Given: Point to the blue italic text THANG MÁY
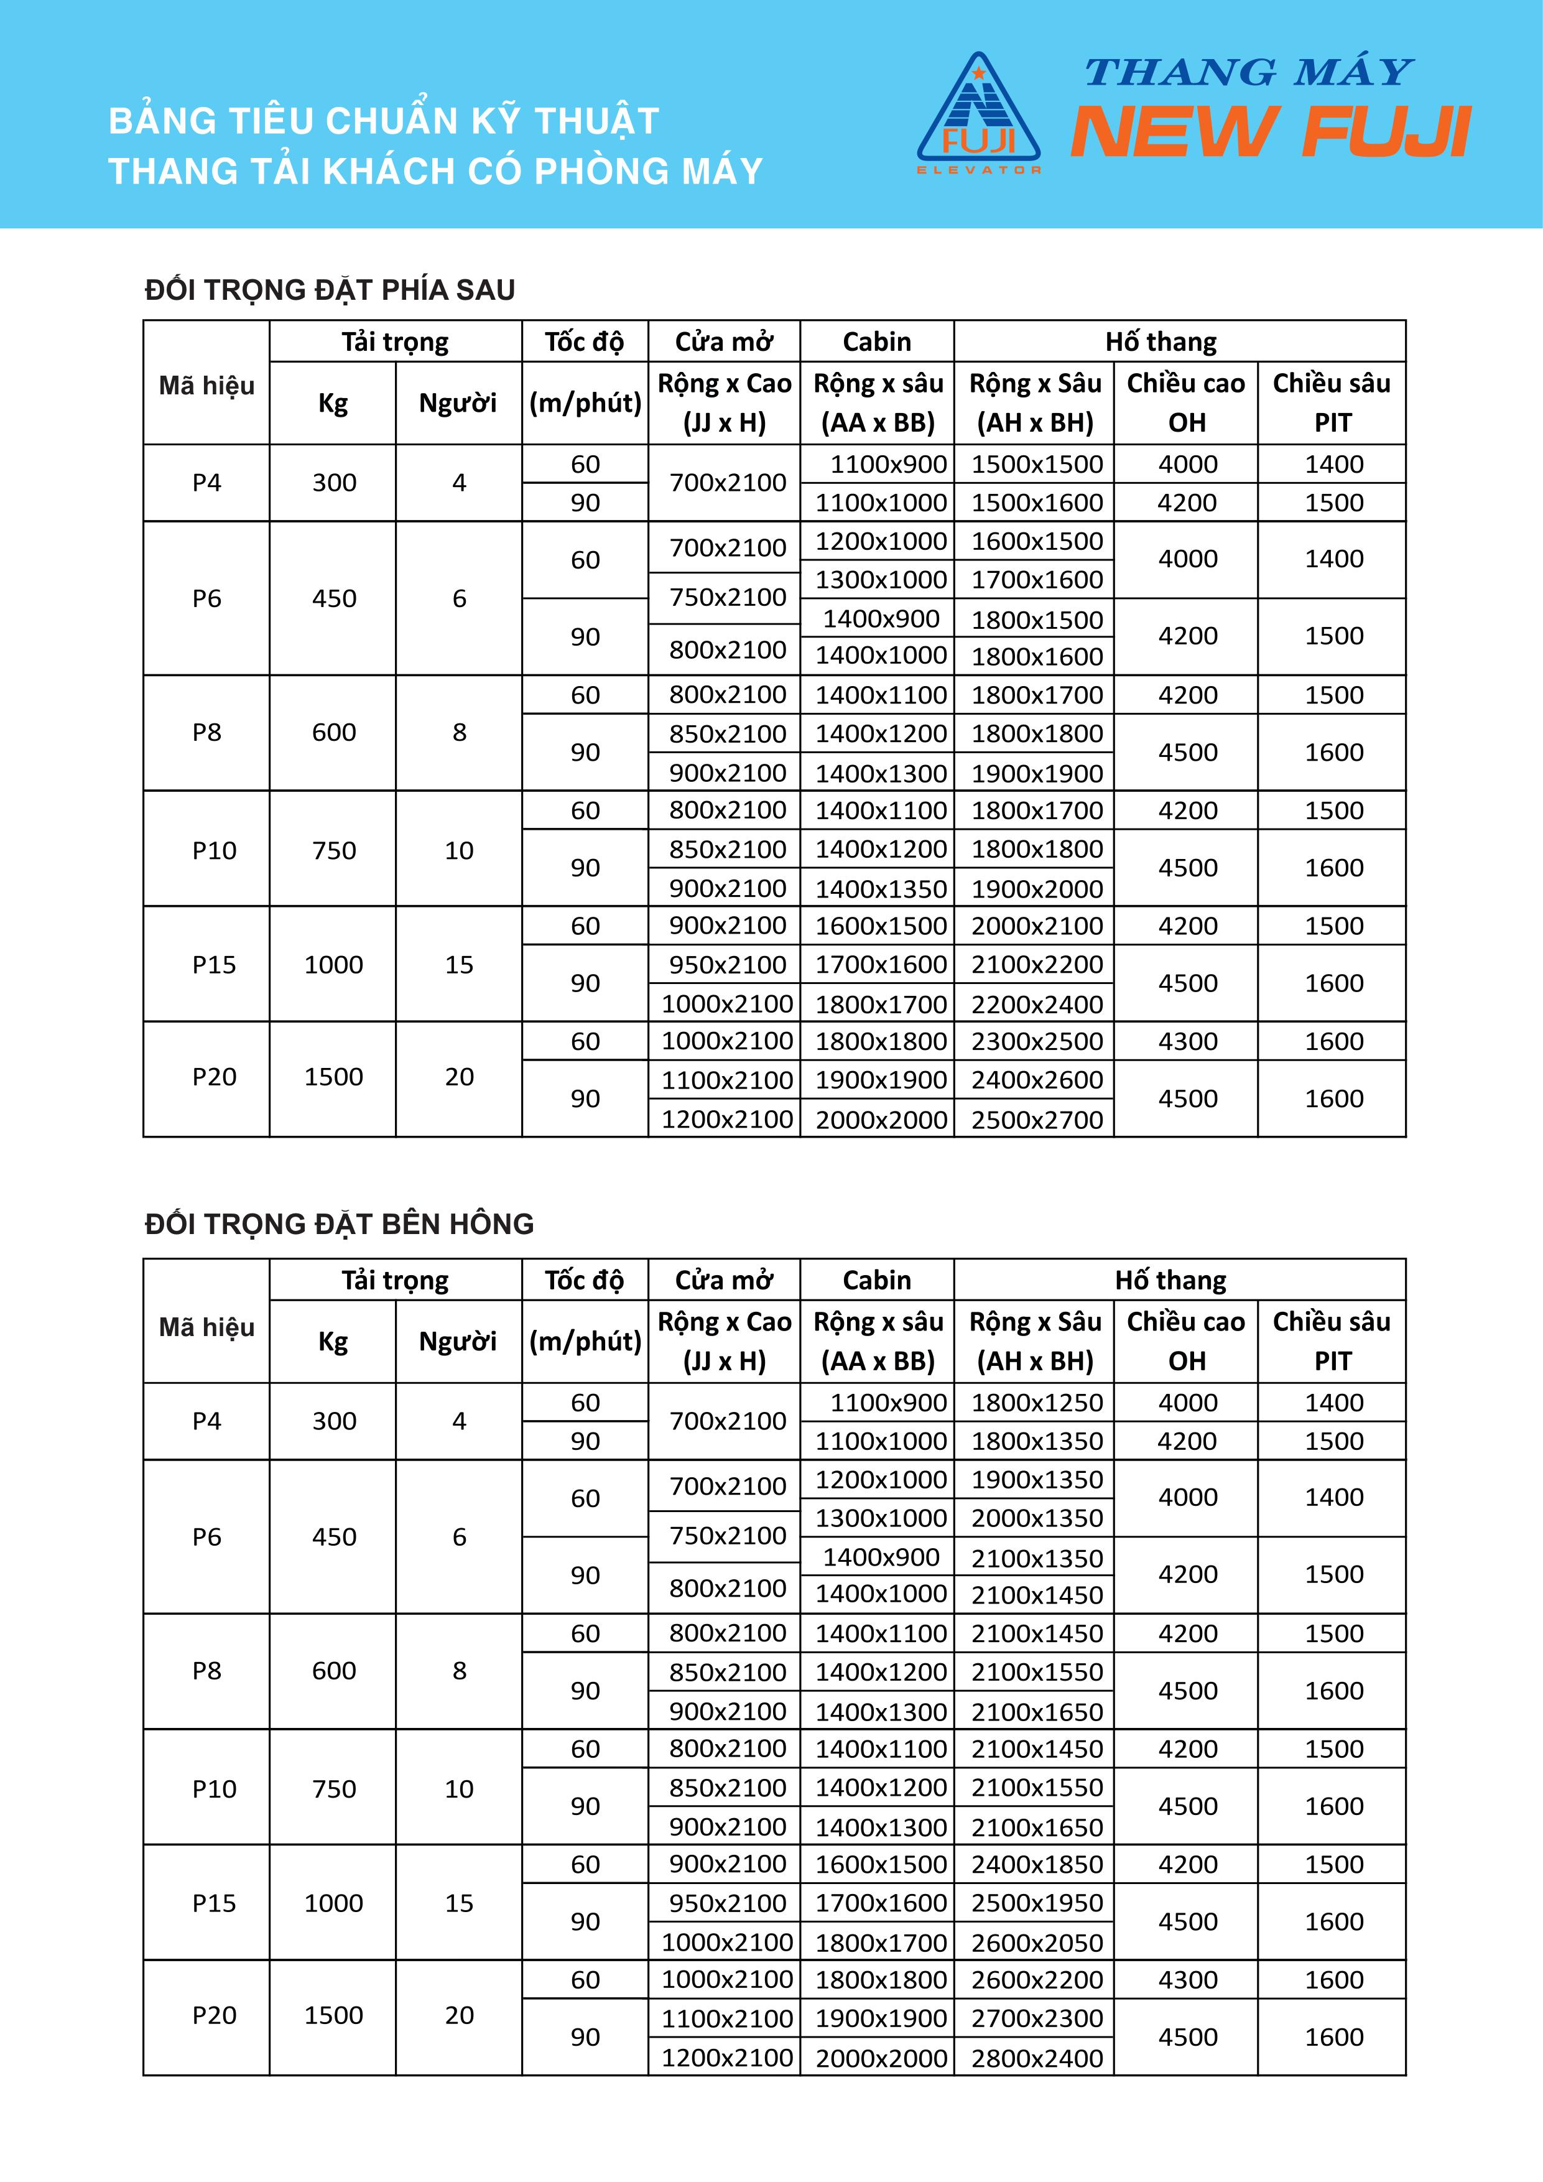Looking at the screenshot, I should [1248, 72].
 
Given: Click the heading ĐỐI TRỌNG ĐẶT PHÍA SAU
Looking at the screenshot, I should [330, 290].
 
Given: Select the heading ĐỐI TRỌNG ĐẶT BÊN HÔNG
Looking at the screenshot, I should [339, 1224].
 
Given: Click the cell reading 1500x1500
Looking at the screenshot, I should [1037, 465].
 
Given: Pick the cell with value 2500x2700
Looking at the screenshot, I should [1037, 1120].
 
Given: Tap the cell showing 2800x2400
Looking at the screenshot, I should [1037, 2058].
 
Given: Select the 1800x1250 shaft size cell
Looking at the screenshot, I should [1037, 1403].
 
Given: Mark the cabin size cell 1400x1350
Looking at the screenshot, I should [881, 889].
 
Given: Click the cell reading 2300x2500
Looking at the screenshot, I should [1037, 1042].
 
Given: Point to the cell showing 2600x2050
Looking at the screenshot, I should [1037, 1943].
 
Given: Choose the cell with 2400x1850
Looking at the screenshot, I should [1037, 1865].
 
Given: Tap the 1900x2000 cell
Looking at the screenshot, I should [1037, 889].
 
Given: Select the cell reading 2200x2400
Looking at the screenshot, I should [1037, 1005].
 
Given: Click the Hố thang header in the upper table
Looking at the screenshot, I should [1160, 342].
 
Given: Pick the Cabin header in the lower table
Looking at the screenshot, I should [876, 1280].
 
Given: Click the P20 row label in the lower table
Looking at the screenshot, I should [214, 2016].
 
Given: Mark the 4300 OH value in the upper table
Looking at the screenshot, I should [1187, 1042].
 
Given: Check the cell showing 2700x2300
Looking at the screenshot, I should [1037, 2018].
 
